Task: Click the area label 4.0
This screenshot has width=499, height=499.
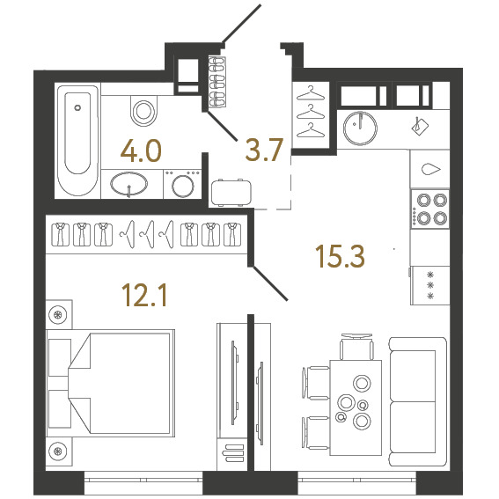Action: point(141,151)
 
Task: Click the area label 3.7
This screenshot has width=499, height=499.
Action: point(264,150)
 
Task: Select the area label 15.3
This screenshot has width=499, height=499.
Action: point(340,256)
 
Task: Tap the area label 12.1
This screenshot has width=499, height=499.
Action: point(146,296)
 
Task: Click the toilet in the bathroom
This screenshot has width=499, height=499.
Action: point(143,110)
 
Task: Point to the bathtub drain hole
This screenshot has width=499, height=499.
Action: point(77,107)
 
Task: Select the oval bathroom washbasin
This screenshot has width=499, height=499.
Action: point(128,184)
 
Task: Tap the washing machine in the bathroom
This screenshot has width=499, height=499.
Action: point(183,185)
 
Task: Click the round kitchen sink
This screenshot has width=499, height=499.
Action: point(360,128)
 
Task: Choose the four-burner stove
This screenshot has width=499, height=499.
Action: point(430,209)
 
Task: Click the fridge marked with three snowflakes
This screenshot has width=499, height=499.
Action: point(430,285)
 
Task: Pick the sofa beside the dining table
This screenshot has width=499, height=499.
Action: point(417,401)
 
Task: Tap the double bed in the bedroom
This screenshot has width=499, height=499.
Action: point(110,383)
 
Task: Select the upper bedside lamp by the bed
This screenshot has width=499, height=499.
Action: point(58,315)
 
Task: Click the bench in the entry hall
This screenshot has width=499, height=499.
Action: point(231,193)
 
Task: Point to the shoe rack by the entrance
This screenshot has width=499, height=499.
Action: point(217,83)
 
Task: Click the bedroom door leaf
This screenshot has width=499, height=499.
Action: point(270,283)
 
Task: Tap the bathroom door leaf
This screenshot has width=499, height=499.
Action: point(222,125)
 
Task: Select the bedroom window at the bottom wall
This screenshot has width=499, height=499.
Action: point(143,482)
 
